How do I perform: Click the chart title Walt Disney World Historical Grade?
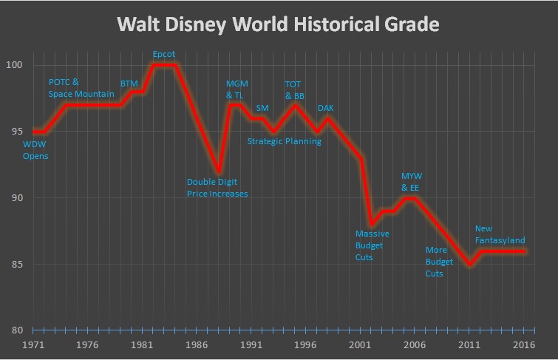click(x=279, y=26)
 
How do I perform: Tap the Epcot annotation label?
click(x=163, y=55)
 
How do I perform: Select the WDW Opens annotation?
click(x=35, y=150)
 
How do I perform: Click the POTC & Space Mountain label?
click(x=81, y=88)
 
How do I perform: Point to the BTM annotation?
click(x=129, y=84)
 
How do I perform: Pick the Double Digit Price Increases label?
click(x=217, y=188)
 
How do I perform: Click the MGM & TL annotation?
click(x=238, y=88)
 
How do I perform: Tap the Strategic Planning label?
click(x=284, y=141)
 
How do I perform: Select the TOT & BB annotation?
click(x=295, y=89)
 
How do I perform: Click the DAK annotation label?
click(x=326, y=109)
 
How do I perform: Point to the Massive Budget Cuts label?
click(x=372, y=245)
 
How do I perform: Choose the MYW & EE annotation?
click(x=410, y=182)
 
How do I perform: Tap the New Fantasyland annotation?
click(x=500, y=234)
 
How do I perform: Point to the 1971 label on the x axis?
click(x=33, y=344)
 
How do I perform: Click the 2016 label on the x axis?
click(x=524, y=344)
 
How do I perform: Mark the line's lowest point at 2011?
click(x=469, y=264)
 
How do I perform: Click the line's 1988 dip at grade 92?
click(x=218, y=171)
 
